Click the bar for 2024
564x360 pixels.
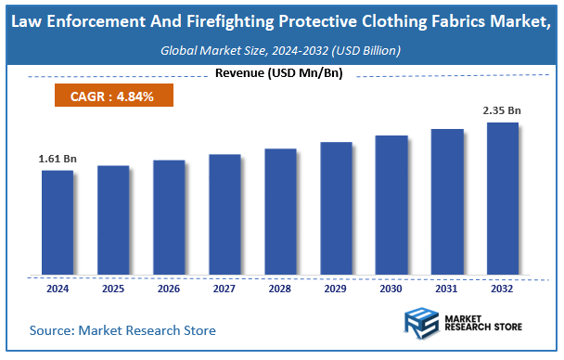click(58, 223)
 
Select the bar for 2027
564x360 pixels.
click(224, 214)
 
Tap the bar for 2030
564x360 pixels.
click(391, 205)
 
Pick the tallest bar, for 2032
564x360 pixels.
click(503, 199)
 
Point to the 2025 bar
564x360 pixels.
click(113, 220)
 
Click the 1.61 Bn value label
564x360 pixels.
click(58, 160)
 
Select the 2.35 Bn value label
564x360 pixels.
click(502, 111)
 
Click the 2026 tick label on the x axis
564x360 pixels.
click(169, 288)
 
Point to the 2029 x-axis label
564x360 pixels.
click(336, 288)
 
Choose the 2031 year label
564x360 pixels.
click(447, 288)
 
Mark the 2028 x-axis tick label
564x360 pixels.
click(280, 288)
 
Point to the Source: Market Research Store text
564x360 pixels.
click(122, 329)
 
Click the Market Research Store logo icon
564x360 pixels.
click(422, 327)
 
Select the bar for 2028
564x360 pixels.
click(280, 212)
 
